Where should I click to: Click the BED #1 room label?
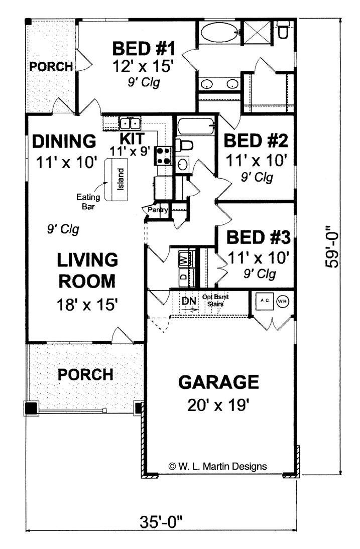click(x=144, y=48)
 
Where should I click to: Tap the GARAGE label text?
click(x=218, y=382)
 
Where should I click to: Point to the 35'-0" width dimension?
click(x=162, y=523)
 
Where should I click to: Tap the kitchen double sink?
click(x=130, y=123)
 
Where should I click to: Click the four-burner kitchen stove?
click(x=164, y=156)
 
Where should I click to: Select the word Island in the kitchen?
click(x=120, y=179)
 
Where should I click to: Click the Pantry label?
click(x=158, y=210)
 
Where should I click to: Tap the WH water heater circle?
click(x=283, y=301)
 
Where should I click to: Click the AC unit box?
click(x=265, y=301)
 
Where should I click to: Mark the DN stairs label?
click(x=189, y=301)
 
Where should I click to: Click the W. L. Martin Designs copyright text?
click(x=217, y=466)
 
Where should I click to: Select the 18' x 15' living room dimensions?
click(x=86, y=305)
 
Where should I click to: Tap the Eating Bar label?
click(x=88, y=202)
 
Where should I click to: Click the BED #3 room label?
click(x=259, y=237)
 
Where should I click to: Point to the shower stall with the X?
click(x=258, y=33)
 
